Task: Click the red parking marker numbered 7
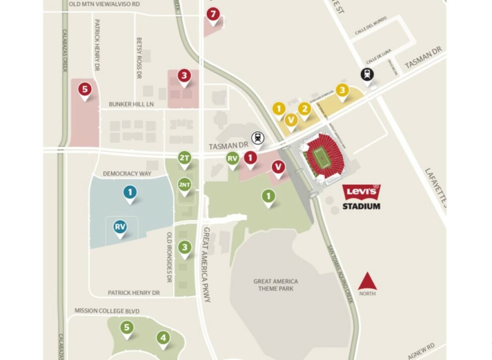tap(213, 15)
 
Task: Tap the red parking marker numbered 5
tap(85, 90)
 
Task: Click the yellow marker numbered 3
tap(342, 90)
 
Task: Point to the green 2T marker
tap(184, 159)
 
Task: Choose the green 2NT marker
tap(184, 185)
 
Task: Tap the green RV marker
tap(233, 159)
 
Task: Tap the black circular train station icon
tap(368, 75)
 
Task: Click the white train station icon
tap(257, 137)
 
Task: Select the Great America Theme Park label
tap(276, 285)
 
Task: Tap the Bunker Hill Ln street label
tap(132, 104)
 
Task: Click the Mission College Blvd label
tap(107, 311)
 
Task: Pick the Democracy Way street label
tap(127, 174)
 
